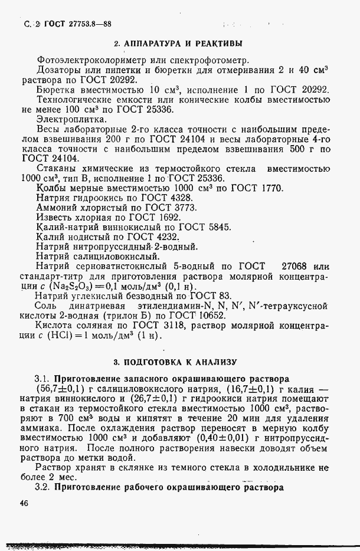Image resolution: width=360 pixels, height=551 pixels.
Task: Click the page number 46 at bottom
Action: [x=25, y=503]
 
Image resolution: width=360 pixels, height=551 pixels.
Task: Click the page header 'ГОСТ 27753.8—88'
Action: [x=77, y=24]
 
